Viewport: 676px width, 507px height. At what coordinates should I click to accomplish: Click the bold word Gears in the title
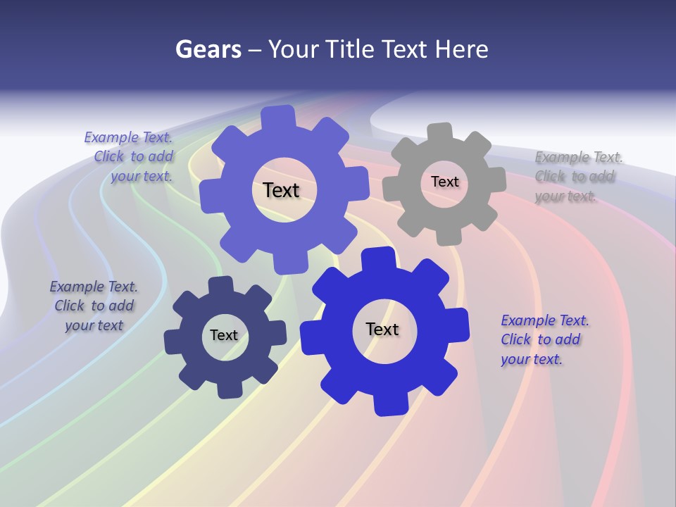click(x=208, y=49)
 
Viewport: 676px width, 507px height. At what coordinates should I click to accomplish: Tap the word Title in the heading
click(x=352, y=49)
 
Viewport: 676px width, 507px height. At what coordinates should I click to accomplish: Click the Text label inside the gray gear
click(x=444, y=182)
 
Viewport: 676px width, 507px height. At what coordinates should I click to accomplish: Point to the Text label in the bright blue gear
click(x=382, y=330)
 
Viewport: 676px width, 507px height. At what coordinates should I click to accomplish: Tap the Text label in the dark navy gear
click(x=224, y=336)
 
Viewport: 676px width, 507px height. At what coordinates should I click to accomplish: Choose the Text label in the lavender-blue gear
click(x=281, y=190)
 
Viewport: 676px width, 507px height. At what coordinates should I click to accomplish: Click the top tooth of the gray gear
click(x=440, y=133)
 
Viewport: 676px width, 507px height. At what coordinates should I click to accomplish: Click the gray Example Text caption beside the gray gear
click(x=578, y=176)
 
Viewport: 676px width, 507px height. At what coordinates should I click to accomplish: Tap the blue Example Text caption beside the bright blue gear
click(x=544, y=339)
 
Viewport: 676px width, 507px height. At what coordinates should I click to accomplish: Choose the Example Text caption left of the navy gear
click(x=94, y=306)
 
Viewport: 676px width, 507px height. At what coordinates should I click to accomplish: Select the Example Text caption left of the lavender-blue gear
click(x=130, y=156)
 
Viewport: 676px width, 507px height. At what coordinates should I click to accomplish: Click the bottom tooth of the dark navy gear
click(x=228, y=389)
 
